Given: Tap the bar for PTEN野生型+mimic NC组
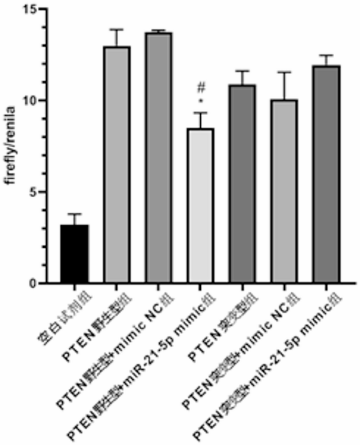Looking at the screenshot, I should point(159,158).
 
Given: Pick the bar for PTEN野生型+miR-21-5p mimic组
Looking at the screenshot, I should point(200,206).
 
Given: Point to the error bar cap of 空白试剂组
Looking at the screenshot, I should point(75,214).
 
